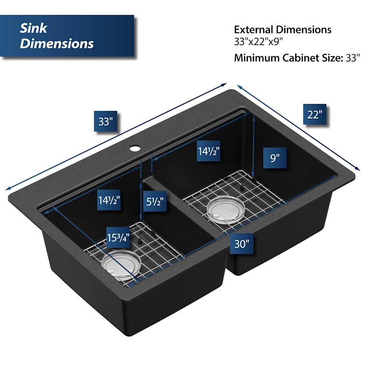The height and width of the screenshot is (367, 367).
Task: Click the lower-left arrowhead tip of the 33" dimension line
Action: (6, 190)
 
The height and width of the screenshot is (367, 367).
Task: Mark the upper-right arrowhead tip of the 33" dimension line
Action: (227, 84)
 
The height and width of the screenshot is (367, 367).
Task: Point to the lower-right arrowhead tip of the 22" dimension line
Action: (360, 170)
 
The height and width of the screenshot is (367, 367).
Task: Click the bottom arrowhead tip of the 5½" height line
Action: (141, 221)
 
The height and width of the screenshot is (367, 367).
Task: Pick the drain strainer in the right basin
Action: (226, 210)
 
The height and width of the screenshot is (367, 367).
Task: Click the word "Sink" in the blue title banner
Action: (33, 28)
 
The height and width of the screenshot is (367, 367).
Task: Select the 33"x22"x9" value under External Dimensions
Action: (258, 42)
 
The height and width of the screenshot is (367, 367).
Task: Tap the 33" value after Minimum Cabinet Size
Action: (352, 57)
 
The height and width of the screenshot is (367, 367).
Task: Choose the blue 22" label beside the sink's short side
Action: (314, 114)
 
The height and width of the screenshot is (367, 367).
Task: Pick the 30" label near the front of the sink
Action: (241, 244)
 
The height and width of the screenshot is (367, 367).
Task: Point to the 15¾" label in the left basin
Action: (118, 238)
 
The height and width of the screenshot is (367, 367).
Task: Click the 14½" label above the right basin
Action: (208, 151)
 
